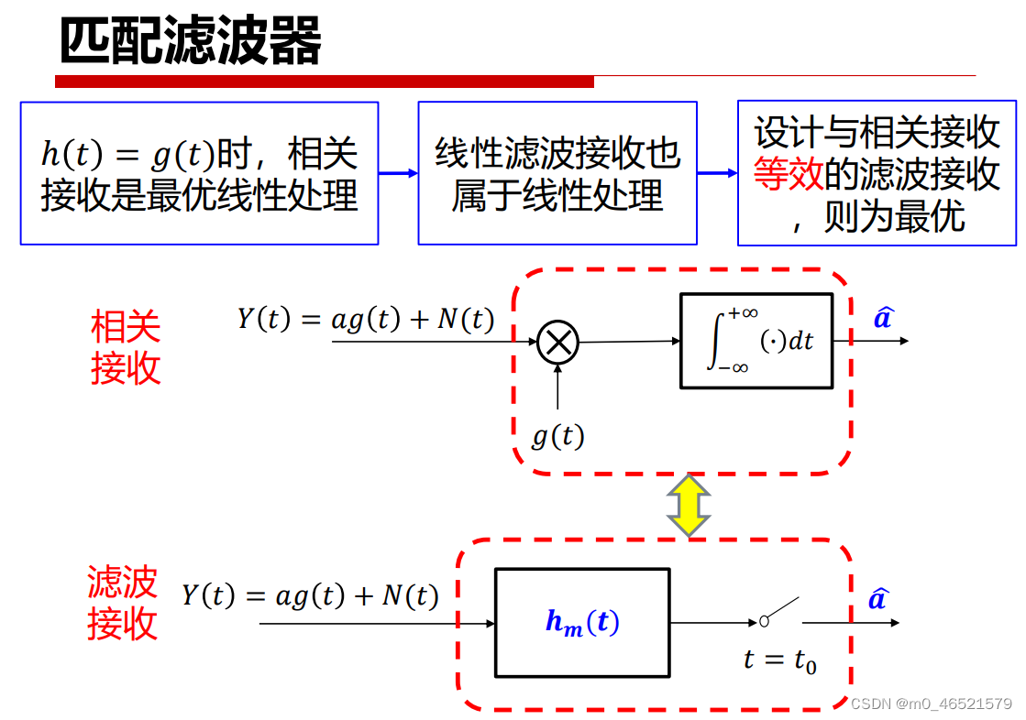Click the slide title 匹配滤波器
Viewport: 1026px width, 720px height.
coord(191,41)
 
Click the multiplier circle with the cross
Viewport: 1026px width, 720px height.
coord(557,343)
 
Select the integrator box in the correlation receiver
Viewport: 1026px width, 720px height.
coord(756,341)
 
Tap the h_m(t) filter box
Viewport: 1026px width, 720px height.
coord(582,623)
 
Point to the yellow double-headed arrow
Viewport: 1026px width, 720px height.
coord(688,505)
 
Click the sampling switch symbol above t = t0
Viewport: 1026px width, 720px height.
coord(778,613)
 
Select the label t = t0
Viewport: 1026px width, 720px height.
coord(779,660)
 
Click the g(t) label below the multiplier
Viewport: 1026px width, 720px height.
coord(557,436)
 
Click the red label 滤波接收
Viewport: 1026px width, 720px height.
coord(123,604)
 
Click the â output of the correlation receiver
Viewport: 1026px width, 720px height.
coord(882,318)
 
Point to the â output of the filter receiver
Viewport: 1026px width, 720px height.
coord(877,599)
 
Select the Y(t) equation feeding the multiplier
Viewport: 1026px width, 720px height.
coord(366,319)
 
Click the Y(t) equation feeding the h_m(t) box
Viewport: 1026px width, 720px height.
coord(310,596)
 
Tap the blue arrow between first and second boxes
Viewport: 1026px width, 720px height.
coord(398,172)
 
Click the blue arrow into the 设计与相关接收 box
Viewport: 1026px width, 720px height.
coord(717,172)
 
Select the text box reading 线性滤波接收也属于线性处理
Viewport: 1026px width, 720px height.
coord(557,173)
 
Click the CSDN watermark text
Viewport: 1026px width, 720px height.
coord(931,704)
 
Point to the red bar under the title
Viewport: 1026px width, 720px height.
coord(325,82)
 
